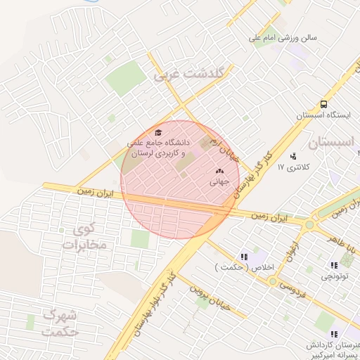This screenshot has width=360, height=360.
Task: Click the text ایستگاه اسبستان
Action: pyautogui.click(x=323, y=114)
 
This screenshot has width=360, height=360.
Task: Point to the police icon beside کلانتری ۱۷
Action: pyautogui.click(x=292, y=156)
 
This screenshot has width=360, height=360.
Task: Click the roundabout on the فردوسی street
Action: pyautogui.click(x=271, y=281)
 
